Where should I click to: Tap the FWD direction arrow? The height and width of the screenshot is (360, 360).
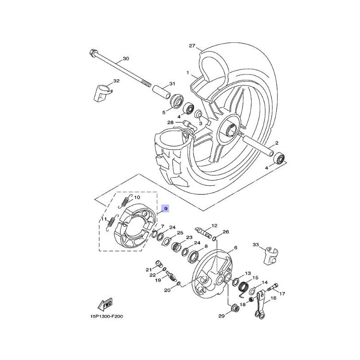pos(105,305)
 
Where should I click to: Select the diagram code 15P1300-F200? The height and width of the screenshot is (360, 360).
pos(107,316)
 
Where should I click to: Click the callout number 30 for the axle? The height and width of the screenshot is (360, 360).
pos(126,58)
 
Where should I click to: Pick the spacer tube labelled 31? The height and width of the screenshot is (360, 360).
pos(162,92)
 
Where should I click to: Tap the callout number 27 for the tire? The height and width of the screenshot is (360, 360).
pos(192,46)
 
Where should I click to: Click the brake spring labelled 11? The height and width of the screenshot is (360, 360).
pos(111,223)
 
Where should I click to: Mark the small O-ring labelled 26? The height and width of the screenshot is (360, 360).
pos(215,239)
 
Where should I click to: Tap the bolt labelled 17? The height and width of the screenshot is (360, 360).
pos(273,288)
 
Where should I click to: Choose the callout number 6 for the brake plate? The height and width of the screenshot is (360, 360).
pos(235,248)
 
